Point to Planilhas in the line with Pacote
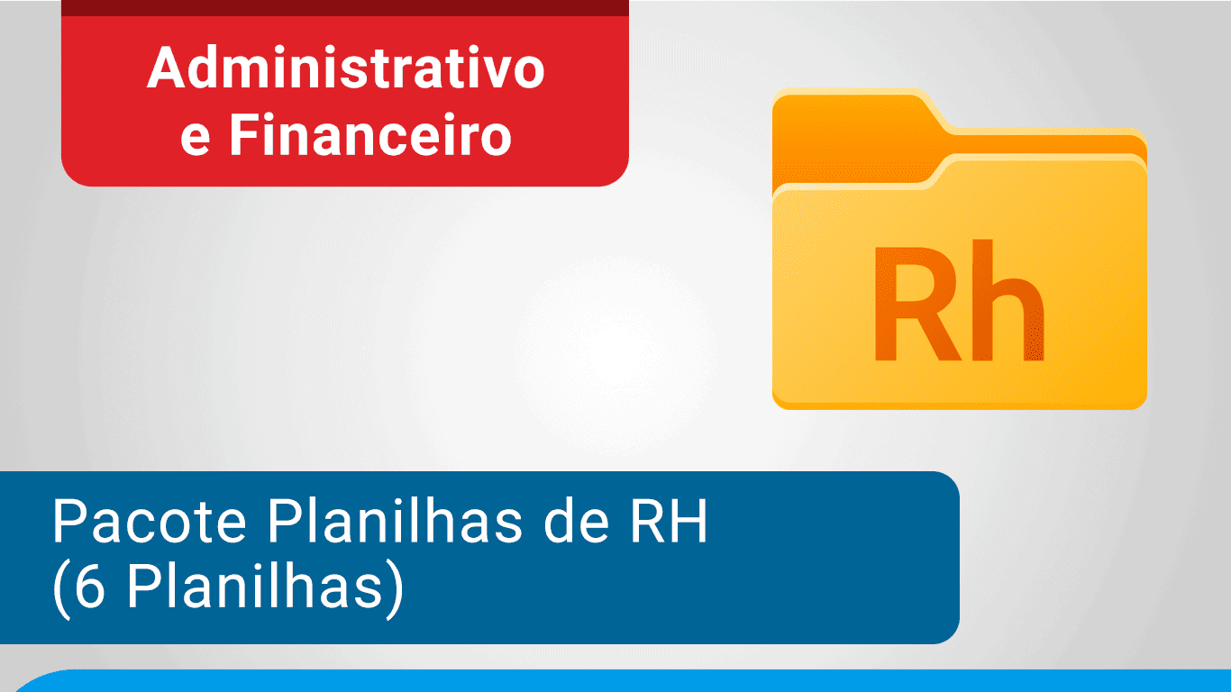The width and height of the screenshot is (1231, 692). click(x=396, y=523)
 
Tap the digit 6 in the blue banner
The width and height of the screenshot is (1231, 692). click(x=90, y=590)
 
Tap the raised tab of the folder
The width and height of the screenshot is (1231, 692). click(x=856, y=113)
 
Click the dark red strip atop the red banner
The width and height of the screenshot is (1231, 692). click(x=344, y=7)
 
